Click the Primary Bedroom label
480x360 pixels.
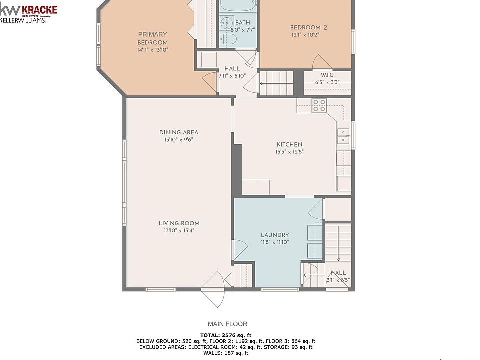(x=153, y=38)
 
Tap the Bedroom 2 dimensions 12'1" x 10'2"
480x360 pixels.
(x=305, y=35)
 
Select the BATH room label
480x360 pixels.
(x=243, y=22)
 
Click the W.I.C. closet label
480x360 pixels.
(x=327, y=75)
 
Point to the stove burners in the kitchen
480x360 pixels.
(x=319, y=106)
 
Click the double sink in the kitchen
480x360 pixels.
(x=343, y=136)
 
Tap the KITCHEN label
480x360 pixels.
(x=289, y=145)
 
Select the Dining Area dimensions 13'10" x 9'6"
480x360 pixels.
(x=179, y=140)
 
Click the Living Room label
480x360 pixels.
(x=179, y=223)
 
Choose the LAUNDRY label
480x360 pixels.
(x=275, y=235)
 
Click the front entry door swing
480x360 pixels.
(x=213, y=289)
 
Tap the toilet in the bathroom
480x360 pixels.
(x=228, y=39)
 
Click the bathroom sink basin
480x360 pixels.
(x=226, y=22)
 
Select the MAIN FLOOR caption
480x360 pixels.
(x=228, y=324)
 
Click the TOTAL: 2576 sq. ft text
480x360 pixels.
(x=226, y=335)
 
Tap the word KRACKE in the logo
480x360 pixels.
(x=40, y=10)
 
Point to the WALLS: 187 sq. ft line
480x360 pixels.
(x=226, y=353)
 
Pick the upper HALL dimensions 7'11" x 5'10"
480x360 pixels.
(x=232, y=76)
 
